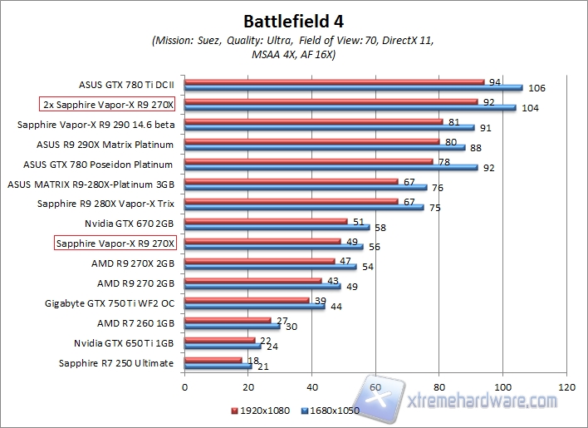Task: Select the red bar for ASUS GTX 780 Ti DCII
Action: coord(334,82)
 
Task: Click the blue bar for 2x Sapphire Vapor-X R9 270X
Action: coord(350,108)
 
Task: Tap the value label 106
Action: coord(537,88)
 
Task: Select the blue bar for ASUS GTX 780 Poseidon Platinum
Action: coord(331,167)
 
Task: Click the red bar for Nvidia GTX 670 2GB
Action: coord(266,221)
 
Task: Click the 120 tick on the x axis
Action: coord(566,386)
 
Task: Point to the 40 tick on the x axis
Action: coord(311,386)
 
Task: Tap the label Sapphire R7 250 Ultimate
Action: coord(116,363)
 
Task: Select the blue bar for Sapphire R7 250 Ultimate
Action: coord(218,366)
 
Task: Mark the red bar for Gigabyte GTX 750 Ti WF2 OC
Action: coord(247,301)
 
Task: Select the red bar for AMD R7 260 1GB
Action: coord(228,320)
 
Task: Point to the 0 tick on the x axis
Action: coord(184,386)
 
